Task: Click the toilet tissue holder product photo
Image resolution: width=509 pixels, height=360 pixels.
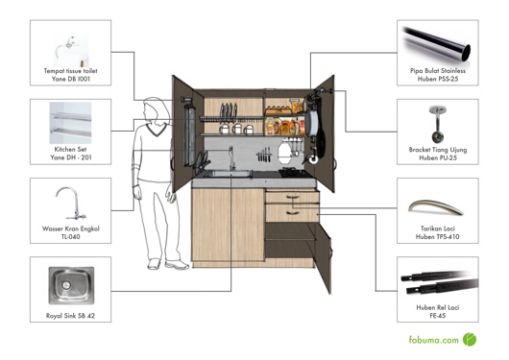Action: [70, 47]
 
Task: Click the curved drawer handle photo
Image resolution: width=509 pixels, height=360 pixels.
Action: [438, 205]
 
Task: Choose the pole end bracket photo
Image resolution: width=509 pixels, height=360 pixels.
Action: [438, 124]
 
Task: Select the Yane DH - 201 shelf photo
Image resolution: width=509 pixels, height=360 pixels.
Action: [70, 123]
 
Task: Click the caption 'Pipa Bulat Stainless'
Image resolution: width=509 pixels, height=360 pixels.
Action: [439, 70]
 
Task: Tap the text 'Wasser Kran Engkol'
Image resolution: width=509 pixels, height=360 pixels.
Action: [70, 228]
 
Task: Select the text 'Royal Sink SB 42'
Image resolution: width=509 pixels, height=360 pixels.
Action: [70, 315]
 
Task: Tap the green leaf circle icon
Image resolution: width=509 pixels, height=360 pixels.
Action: [470, 339]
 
